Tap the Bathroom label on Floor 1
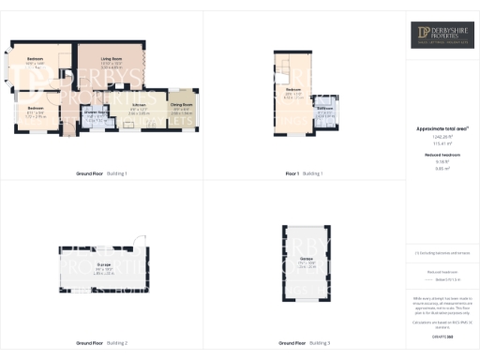324,109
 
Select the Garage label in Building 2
105,264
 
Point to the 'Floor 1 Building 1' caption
304,173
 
